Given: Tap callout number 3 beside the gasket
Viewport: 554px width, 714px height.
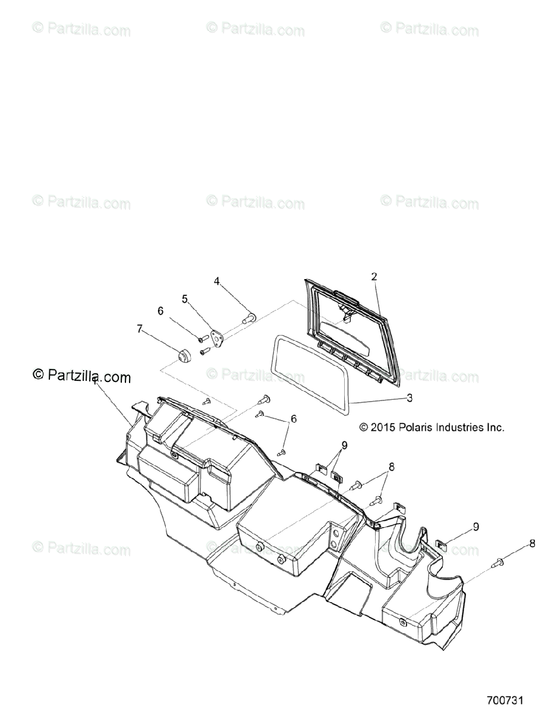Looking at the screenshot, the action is [x=410, y=397].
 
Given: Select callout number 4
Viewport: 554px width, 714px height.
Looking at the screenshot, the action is [x=217, y=281].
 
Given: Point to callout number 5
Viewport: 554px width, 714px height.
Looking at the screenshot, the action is [x=185, y=299].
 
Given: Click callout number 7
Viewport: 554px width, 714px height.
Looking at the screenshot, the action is [x=140, y=328].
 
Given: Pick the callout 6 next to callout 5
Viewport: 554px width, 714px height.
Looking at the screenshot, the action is [x=160, y=310].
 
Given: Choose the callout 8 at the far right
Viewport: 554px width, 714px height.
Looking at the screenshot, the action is [x=531, y=543].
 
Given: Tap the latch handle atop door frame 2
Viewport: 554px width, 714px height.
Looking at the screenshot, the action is [x=346, y=294].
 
